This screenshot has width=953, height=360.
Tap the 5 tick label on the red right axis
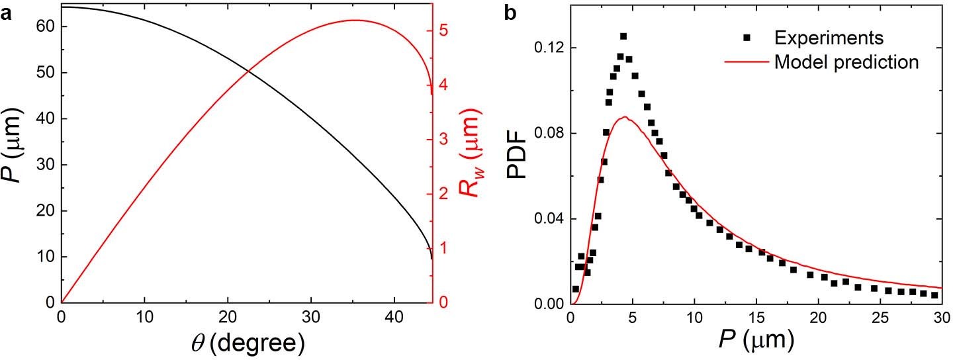(443, 31)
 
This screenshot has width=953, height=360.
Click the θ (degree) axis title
(247, 343)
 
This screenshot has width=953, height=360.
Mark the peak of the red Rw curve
(354, 20)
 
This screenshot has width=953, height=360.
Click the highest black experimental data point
(623, 36)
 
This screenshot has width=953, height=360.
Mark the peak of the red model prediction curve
(625, 117)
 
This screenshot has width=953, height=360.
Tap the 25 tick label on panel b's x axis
(882, 317)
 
